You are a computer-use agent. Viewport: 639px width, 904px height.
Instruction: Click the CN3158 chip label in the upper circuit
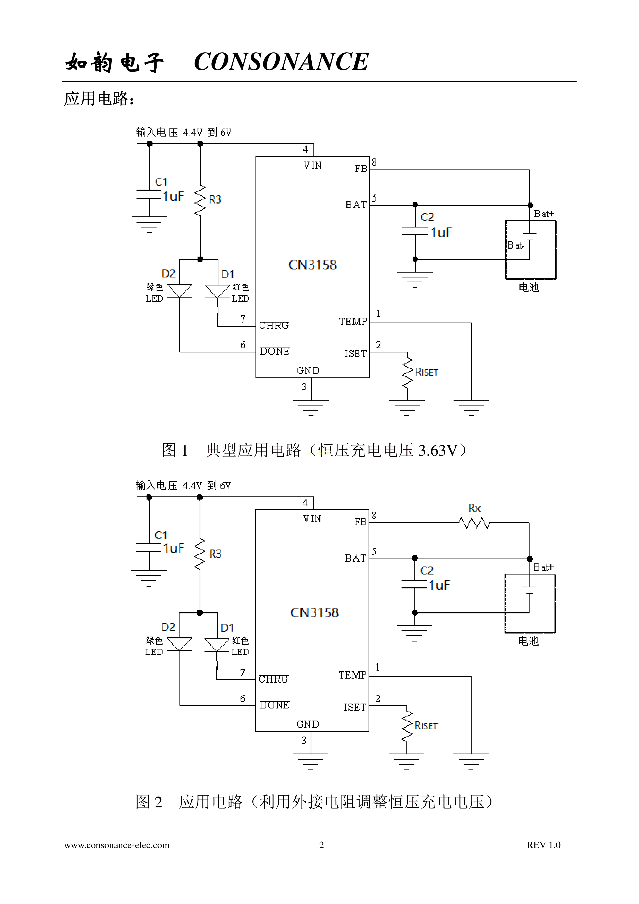(x=313, y=265)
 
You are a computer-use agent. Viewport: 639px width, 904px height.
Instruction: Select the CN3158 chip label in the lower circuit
(x=314, y=613)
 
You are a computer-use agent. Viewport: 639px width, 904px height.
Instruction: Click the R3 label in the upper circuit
(x=215, y=200)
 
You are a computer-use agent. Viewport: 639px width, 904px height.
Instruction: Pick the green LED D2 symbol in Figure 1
(x=179, y=291)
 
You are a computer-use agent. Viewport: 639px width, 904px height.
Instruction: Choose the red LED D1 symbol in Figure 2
(x=217, y=644)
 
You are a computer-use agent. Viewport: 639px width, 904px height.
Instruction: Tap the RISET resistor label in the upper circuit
(x=427, y=372)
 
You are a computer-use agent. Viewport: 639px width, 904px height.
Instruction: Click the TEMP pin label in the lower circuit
(x=352, y=675)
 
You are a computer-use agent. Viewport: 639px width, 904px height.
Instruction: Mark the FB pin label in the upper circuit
(x=361, y=169)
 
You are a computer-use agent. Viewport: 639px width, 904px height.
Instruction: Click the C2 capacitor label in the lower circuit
(x=427, y=571)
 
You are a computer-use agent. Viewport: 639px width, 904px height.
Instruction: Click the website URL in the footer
(x=117, y=845)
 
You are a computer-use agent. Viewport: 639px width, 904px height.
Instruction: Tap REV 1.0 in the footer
(x=543, y=845)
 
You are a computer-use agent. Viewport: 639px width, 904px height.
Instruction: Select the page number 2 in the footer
(x=321, y=845)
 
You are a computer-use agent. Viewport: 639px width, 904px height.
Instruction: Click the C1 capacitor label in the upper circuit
(x=161, y=182)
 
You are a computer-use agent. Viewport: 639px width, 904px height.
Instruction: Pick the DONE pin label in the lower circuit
(x=274, y=705)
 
